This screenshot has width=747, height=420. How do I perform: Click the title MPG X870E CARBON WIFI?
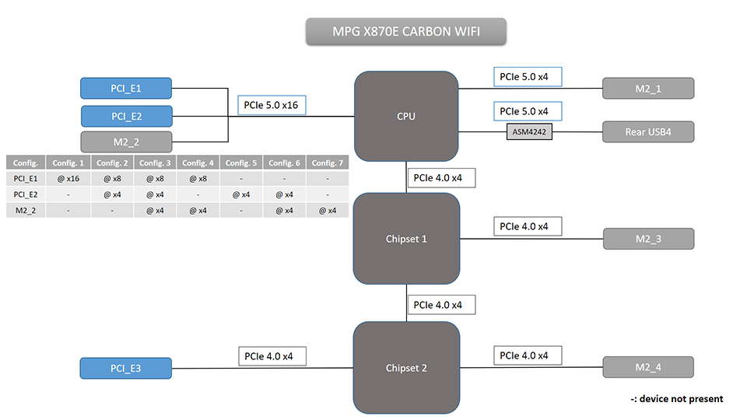coord(405,32)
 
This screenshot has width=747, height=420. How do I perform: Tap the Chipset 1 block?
coord(405,239)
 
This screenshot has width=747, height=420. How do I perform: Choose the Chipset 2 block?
coord(405,368)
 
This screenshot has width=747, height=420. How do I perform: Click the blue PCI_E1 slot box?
coord(126,89)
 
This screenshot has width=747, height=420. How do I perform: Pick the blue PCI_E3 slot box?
coord(126,368)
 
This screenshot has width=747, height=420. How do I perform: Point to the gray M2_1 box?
coord(647,89)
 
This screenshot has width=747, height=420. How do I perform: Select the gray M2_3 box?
coord(647,239)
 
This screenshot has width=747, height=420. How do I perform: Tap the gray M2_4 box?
coord(647,368)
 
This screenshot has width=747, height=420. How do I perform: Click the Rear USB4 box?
coord(647,131)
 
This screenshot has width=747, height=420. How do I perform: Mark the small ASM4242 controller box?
coord(530,131)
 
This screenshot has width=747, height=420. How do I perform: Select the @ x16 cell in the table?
coord(68,178)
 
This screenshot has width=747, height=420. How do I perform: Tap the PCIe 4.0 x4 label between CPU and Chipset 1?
coord(438,178)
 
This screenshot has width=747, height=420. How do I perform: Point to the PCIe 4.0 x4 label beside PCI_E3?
coord(272,356)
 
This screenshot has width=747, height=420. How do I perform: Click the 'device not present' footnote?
coord(677,399)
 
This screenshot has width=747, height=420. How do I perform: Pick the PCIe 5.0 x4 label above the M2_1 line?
coord(527,76)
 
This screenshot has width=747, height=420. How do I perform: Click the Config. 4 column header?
coord(199,163)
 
